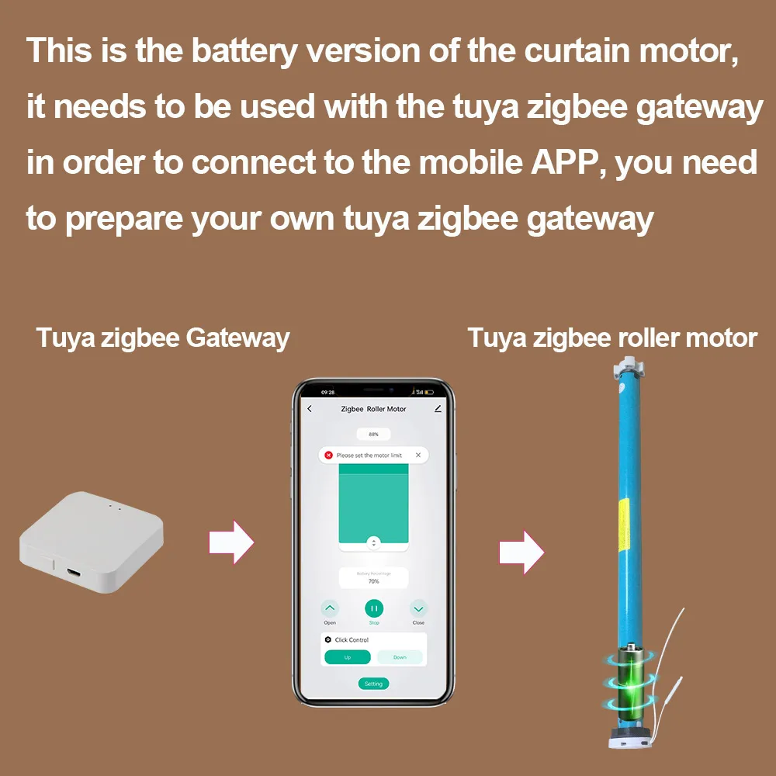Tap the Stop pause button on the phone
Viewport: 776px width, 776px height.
(x=374, y=608)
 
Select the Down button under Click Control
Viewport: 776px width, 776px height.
(x=400, y=657)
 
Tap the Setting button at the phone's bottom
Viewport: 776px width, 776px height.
(x=373, y=684)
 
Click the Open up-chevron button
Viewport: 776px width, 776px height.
(x=330, y=608)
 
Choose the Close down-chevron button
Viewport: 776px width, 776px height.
(x=418, y=608)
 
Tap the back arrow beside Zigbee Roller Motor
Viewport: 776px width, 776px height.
(x=310, y=409)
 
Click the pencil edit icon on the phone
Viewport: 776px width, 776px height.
(x=438, y=408)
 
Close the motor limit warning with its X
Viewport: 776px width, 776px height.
(x=418, y=455)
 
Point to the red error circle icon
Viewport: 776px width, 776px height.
(x=328, y=455)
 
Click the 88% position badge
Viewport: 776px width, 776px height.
(x=373, y=435)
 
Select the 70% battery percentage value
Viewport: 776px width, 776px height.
(x=373, y=581)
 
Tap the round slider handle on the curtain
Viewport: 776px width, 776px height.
(x=373, y=542)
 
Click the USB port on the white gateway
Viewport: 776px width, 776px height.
(x=73, y=573)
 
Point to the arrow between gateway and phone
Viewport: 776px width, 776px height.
(x=231, y=541)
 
